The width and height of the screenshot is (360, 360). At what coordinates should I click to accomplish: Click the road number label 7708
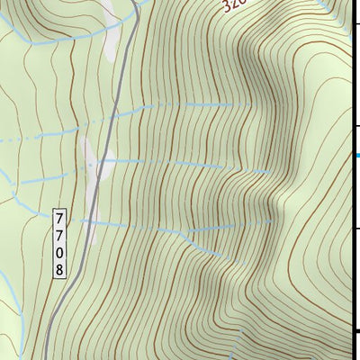click(60, 243)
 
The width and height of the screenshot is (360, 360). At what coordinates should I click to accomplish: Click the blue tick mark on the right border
click(356, 156)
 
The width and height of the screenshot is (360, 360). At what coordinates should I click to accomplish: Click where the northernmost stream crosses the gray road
click(117, 112)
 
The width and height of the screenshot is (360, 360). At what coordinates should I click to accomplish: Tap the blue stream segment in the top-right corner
click(333, 7)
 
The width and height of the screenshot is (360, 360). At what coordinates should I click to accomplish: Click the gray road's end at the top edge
click(139, 3)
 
